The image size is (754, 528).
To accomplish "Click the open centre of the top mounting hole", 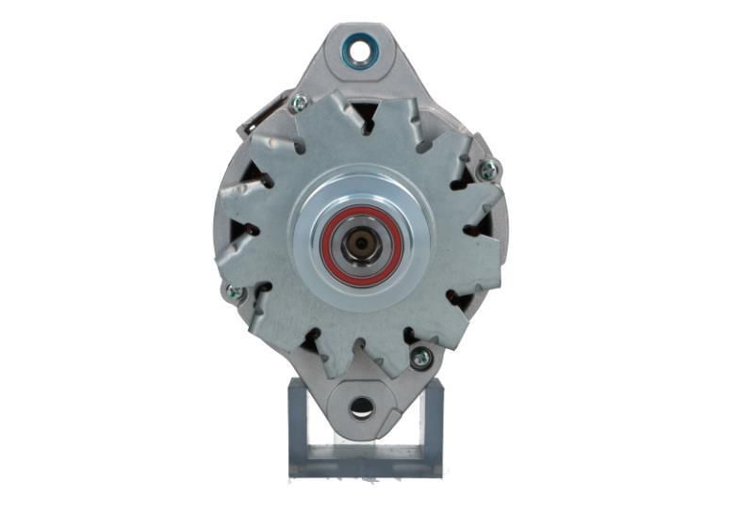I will (x=359, y=49).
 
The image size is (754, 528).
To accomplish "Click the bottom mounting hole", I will (x=362, y=408).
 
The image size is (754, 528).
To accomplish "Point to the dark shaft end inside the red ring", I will (x=360, y=246).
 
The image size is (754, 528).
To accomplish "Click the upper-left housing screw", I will (x=297, y=103).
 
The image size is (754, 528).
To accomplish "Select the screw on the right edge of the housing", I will (x=488, y=170).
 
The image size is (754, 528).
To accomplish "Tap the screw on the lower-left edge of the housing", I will (x=232, y=292).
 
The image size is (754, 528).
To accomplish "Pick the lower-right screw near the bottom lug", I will (x=420, y=357).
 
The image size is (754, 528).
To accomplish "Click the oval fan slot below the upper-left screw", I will (x=300, y=145).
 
